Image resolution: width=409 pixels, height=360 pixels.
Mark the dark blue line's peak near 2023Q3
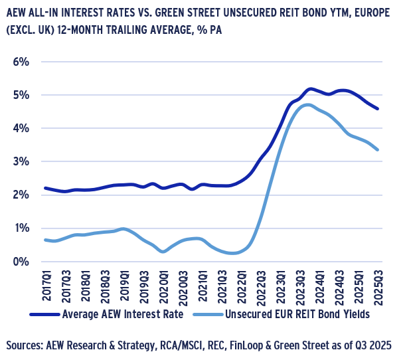pos(310,88)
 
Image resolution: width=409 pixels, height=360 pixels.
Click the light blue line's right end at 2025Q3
pos(378,150)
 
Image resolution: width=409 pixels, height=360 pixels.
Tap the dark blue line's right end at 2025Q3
pos(378,109)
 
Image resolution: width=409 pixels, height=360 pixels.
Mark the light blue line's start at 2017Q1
pos(44,240)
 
